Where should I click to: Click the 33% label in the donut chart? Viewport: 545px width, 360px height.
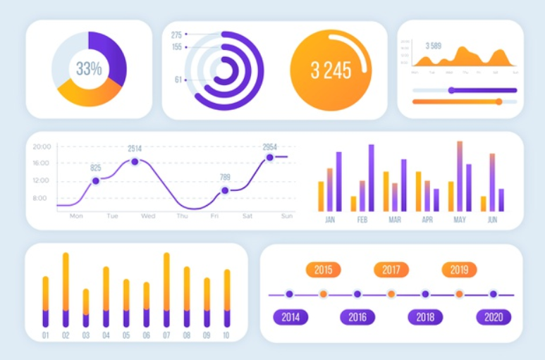tap(89, 69)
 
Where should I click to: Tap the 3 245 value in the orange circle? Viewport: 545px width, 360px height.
tap(330, 70)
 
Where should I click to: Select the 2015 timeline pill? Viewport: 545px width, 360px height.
tap(323, 270)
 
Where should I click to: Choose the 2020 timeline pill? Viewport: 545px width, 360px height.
tap(493, 317)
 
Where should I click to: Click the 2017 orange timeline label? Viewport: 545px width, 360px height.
tap(391, 270)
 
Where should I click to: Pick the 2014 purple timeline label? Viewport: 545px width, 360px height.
tap(290, 317)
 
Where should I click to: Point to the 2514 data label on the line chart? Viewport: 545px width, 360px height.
tap(134, 149)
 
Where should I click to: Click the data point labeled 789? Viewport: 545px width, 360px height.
tap(225, 190)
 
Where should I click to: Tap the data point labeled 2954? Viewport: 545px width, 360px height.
tap(269, 157)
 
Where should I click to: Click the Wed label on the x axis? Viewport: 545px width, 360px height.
tap(148, 216)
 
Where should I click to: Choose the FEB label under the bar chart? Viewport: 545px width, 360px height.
tap(362, 220)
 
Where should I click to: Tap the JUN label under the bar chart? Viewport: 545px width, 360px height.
tap(492, 220)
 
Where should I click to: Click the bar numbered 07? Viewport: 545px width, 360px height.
tap(166, 290)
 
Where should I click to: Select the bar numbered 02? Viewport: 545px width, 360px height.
tap(66, 290)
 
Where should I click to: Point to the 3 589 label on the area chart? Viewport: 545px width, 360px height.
tap(434, 46)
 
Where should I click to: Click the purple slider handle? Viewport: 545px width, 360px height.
tap(451, 90)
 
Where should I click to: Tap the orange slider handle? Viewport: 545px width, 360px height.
tap(498, 102)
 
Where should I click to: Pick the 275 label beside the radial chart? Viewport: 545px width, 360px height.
tap(176, 35)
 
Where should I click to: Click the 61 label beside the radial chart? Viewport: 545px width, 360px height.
tap(178, 80)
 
